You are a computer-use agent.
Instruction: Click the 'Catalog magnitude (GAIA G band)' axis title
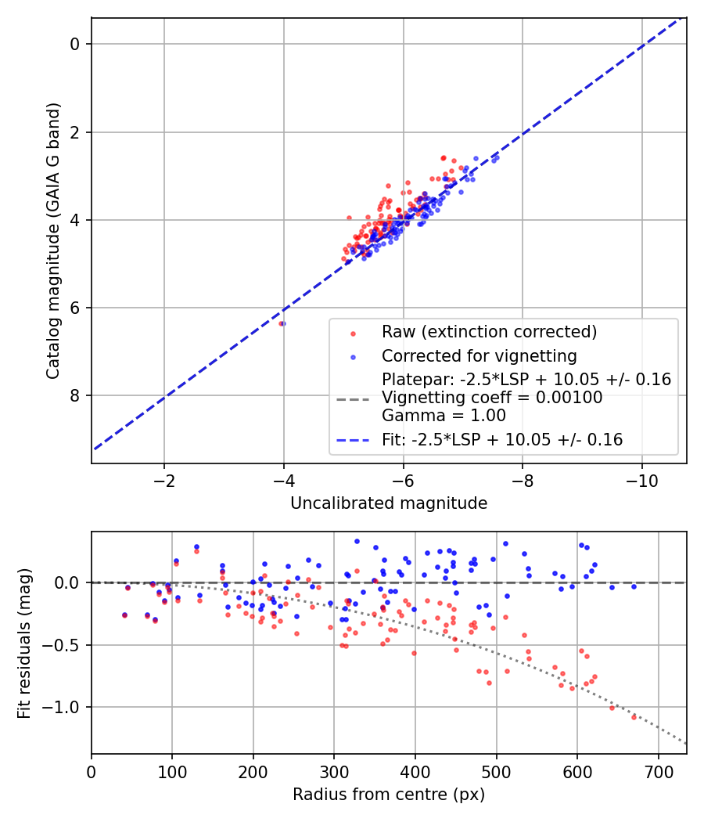53,240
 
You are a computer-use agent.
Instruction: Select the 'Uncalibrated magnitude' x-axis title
389,503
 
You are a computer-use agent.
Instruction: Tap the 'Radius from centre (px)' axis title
389,795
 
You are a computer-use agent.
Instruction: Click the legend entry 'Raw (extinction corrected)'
489,332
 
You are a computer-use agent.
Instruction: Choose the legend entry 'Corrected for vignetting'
479,356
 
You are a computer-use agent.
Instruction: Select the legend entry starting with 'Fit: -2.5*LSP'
502,440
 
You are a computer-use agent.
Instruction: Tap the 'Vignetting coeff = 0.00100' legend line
492,398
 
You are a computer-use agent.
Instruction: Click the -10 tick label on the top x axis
641,479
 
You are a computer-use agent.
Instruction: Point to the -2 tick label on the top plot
163,479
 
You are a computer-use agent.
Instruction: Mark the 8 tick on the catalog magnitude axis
75,395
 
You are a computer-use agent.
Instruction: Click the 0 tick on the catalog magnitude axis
75,44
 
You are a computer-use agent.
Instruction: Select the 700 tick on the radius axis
658,771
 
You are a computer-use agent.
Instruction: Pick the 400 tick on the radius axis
415,771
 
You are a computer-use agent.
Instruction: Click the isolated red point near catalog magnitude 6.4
280,323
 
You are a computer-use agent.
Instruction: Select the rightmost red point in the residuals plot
634,716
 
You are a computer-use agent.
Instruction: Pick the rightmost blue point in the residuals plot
634,586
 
